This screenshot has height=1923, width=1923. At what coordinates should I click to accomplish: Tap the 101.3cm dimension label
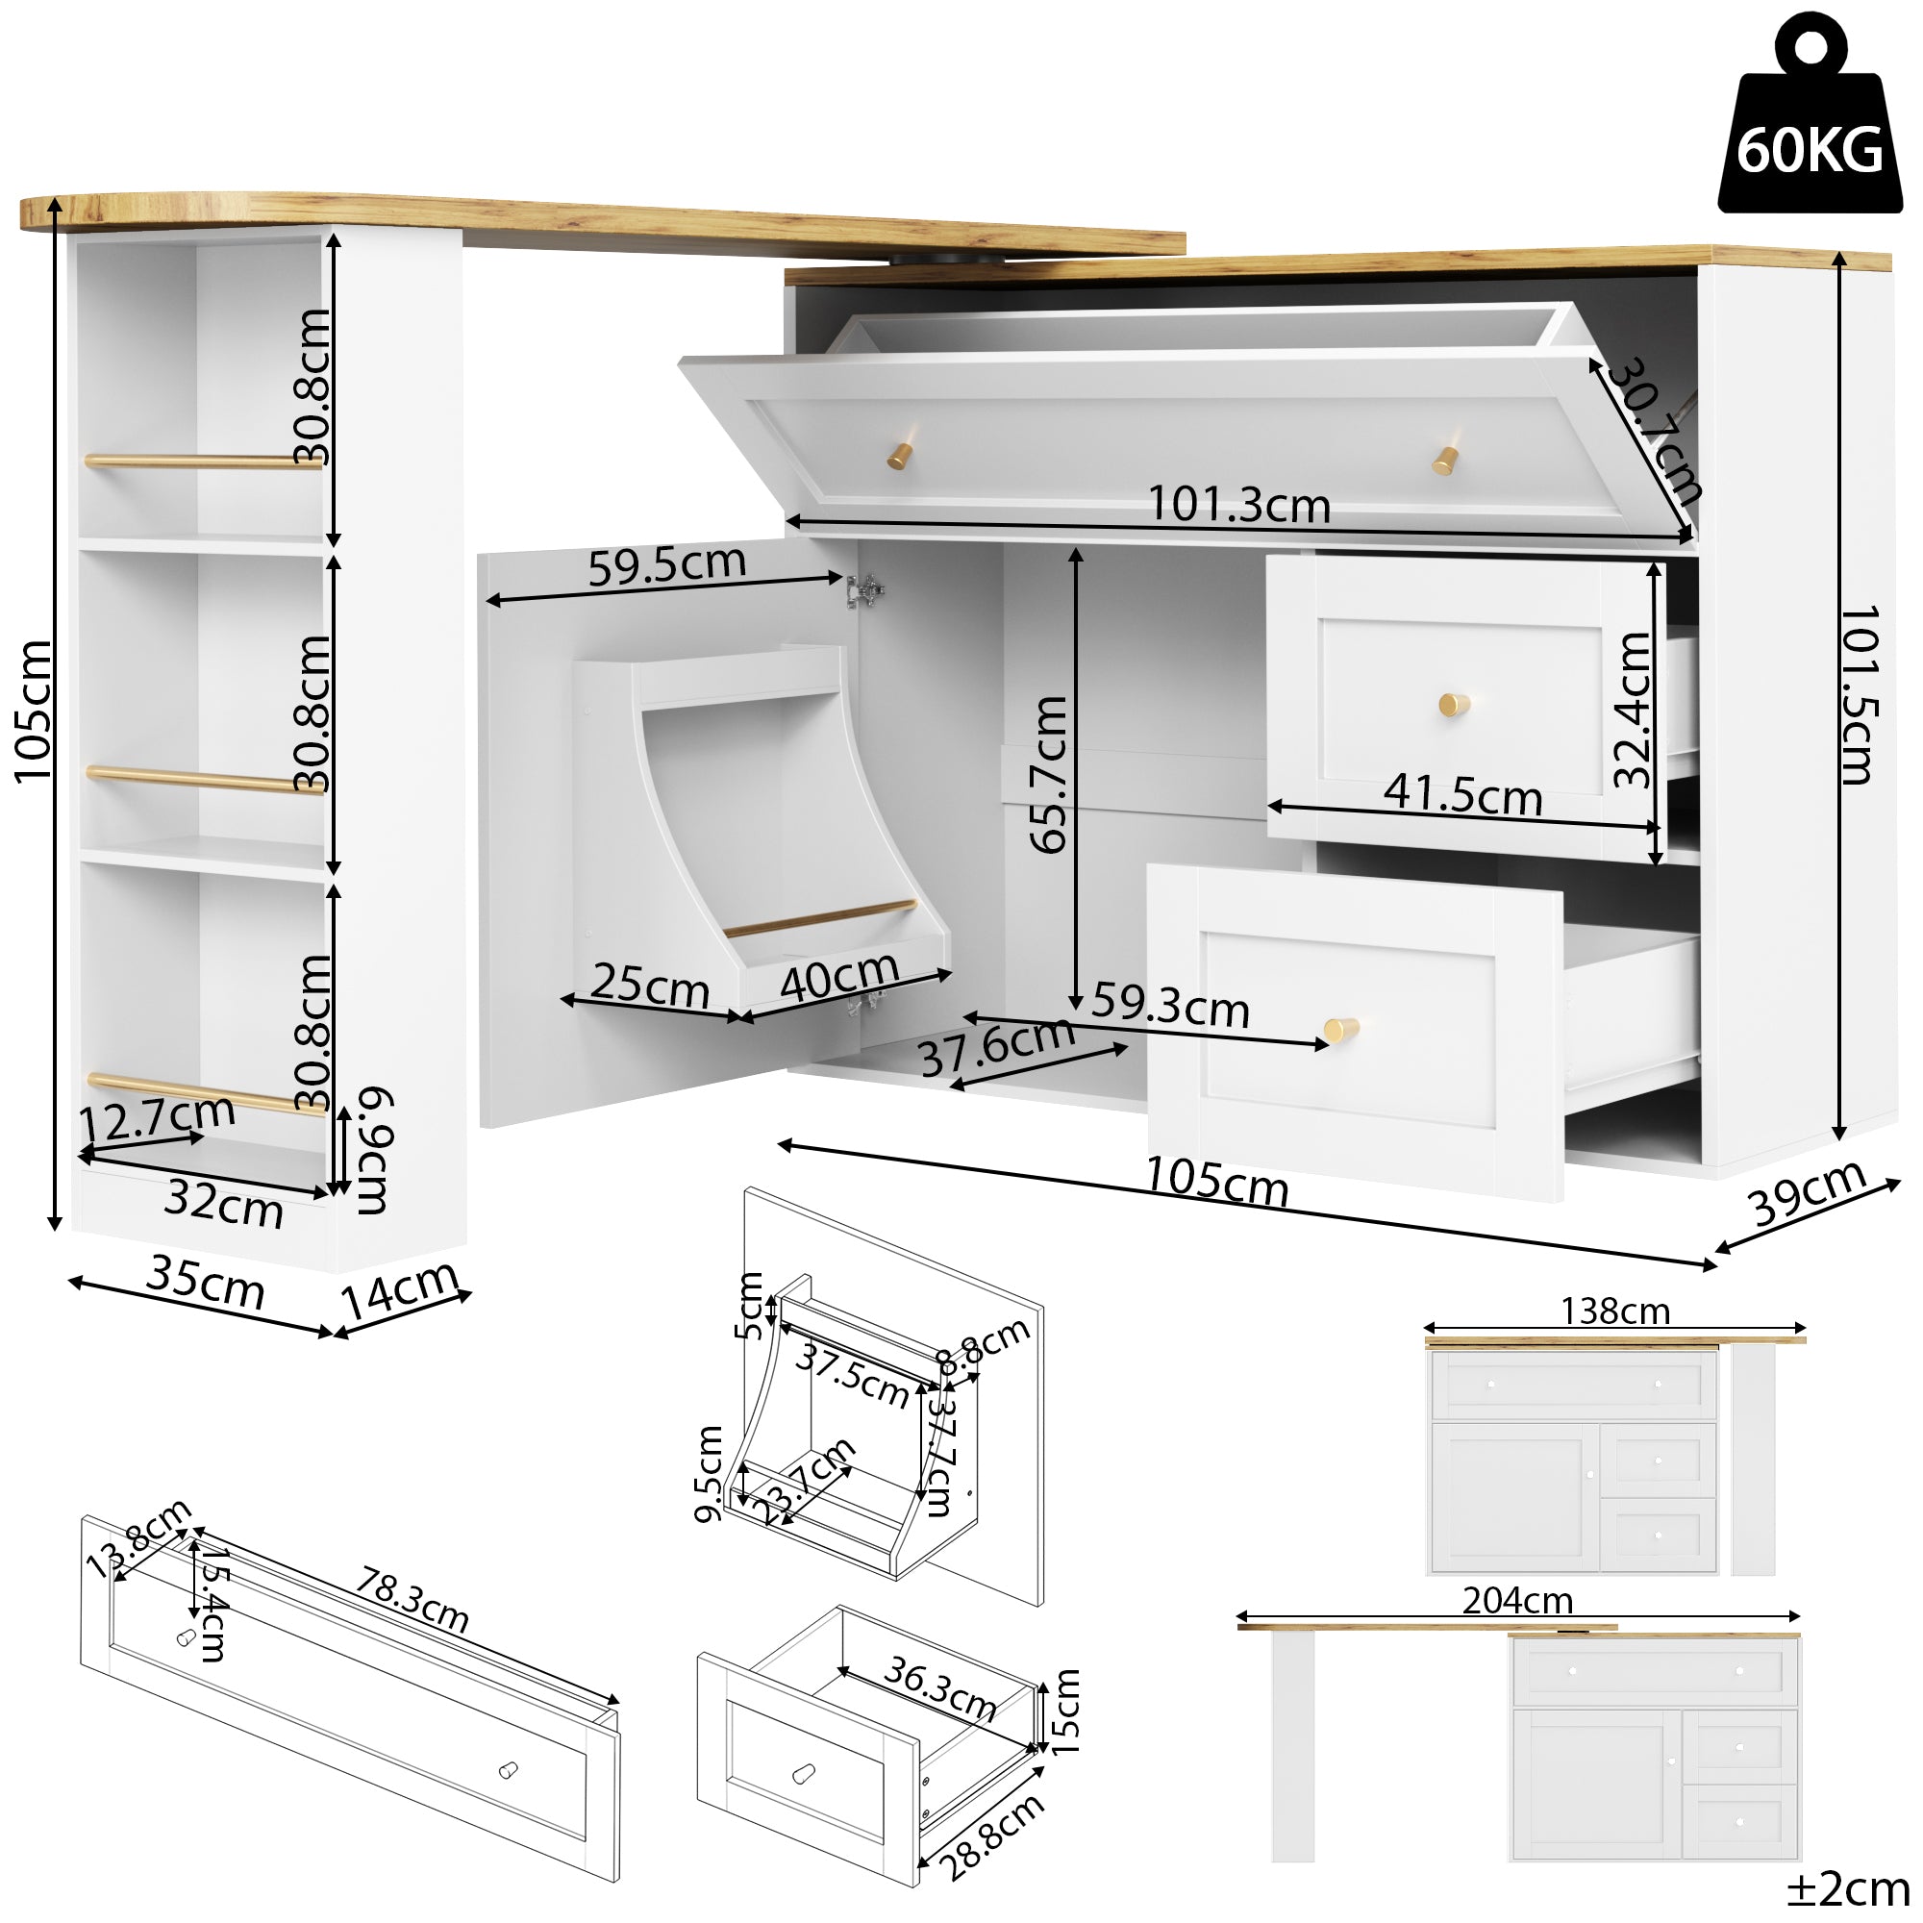tap(1238, 505)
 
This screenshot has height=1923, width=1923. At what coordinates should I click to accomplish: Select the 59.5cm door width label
tap(666, 564)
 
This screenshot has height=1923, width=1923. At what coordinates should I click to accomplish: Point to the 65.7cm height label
tap(1048, 774)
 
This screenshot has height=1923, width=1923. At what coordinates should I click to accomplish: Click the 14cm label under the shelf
tap(399, 1288)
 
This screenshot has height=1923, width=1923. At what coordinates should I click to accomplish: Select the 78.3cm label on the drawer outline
tap(412, 1600)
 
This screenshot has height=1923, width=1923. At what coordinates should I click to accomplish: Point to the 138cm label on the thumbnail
tap(1613, 1311)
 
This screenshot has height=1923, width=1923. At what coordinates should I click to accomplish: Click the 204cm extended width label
tap(1517, 1602)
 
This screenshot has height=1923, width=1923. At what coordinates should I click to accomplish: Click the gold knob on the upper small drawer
tap(1453, 705)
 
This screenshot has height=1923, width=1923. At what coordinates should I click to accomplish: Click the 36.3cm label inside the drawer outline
tap(939, 1688)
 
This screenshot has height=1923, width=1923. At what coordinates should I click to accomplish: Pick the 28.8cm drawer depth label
tap(992, 1836)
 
